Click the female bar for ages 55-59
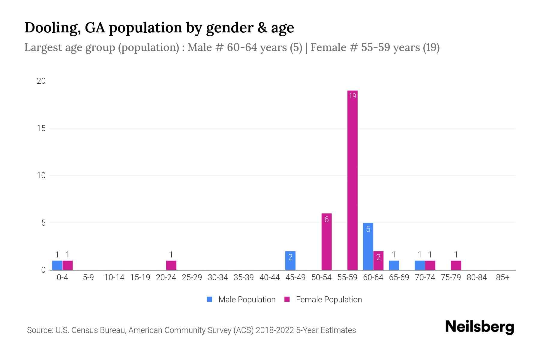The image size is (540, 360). tap(352, 180)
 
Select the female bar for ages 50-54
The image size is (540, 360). tap(326, 242)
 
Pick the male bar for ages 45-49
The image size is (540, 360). tap(290, 261)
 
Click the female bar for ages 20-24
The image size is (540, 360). tap(171, 265)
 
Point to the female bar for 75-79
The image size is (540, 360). tap(456, 265)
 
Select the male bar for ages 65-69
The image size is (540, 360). tap(394, 265)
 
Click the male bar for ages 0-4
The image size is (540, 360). tap(57, 265)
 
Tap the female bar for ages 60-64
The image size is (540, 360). tap(378, 261)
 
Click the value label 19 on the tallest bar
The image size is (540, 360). tap(352, 96)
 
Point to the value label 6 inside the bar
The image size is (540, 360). tap(326, 220)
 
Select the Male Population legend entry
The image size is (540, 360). tap(241, 300)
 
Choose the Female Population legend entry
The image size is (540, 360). tap(323, 300)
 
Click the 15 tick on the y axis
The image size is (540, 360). tap(41, 128)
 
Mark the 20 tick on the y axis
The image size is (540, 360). tap(41, 81)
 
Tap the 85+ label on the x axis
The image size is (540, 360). tap(502, 277)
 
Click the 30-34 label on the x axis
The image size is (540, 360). tap(218, 277)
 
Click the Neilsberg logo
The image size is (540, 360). tap(479, 327)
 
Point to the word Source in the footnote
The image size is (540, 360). tap(40, 330)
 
